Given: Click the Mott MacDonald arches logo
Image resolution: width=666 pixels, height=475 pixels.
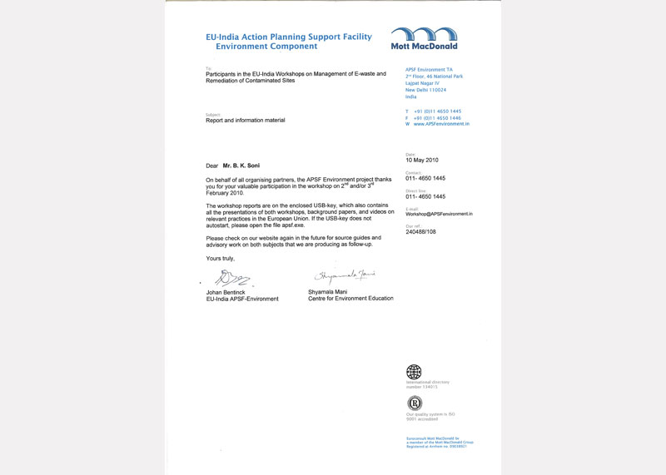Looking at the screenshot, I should point(424,34).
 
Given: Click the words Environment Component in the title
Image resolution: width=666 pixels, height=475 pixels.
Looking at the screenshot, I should point(261,47).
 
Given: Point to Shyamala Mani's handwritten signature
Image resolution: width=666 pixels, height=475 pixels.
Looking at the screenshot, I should point(345,275).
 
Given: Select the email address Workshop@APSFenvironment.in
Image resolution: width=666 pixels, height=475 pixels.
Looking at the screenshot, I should point(439,214).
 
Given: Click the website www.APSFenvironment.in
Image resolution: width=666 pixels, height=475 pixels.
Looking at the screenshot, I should point(442,124).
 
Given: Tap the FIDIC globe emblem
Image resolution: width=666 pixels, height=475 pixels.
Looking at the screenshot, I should point(414,371).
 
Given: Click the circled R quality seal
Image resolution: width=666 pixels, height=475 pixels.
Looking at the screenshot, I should point(414,403).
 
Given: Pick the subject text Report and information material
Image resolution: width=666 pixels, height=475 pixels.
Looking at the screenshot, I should point(246,121).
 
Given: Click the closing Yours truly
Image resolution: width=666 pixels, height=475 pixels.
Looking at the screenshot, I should point(221,259).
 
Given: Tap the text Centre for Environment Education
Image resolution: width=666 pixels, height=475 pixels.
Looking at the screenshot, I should point(348,299).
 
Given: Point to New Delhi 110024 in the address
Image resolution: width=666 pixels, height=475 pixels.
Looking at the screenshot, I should point(425,90).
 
